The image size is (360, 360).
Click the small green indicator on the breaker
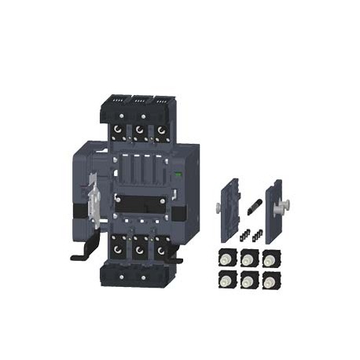pos(178,175)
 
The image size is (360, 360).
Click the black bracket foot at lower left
pos(81,255)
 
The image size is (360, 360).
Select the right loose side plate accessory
pos(274,210)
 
